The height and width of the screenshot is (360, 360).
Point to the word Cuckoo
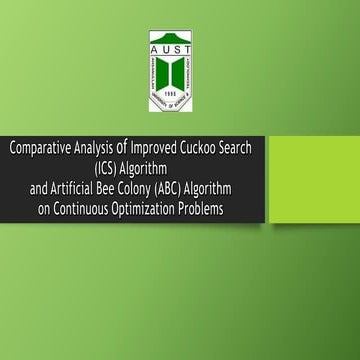pos(210,147)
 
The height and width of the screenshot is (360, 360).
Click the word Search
pos(250,147)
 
